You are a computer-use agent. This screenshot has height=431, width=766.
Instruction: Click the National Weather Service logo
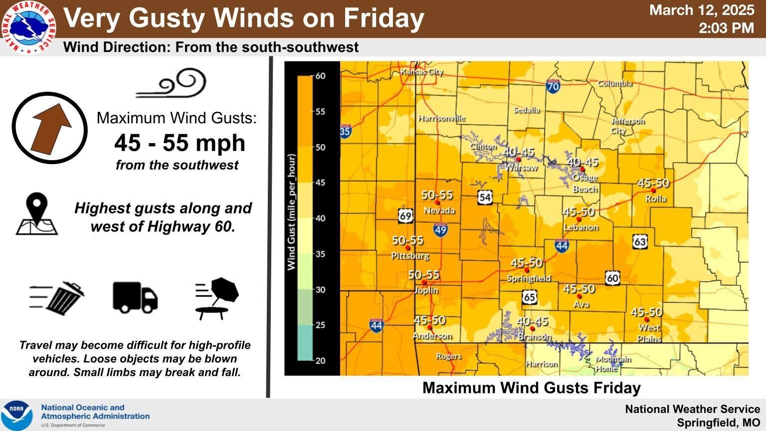pos(28,26)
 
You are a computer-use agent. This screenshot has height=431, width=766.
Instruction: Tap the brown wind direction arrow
pos(50,128)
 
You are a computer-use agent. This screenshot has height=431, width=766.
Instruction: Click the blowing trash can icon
pos(58,298)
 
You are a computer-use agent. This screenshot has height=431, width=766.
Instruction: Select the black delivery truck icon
pos(135,297)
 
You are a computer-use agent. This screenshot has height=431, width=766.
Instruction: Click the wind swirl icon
pos(172,83)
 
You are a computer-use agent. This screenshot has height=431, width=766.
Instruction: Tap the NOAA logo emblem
pos(17,415)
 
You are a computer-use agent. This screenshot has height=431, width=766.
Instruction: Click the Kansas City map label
pos(421,72)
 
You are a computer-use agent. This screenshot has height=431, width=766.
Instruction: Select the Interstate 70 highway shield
pos(553,86)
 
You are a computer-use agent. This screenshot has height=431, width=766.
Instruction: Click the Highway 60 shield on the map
pos(612,278)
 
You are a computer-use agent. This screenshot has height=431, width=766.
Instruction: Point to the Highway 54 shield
pos(484,197)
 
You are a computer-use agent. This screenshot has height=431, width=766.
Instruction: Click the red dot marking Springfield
pos(526,270)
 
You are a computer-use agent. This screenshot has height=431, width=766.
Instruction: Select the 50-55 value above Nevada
pos(437,195)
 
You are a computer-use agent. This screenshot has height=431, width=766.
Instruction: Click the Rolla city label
pos(655,199)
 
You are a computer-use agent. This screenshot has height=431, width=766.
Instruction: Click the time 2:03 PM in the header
pos(726,28)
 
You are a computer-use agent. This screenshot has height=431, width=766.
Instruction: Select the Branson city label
pos(534,337)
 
